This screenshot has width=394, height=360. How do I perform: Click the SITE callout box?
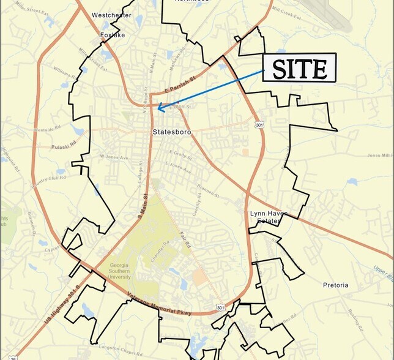(x=300, y=68)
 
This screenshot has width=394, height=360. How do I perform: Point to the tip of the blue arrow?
(x=158, y=109)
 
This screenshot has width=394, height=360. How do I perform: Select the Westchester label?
(x=111, y=15)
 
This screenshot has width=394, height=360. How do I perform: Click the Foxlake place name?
(x=113, y=36)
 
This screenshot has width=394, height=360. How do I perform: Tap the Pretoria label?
(x=336, y=285)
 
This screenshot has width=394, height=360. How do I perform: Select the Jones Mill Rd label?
(x=379, y=155)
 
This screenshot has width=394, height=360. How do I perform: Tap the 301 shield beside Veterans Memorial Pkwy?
(x=220, y=307)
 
